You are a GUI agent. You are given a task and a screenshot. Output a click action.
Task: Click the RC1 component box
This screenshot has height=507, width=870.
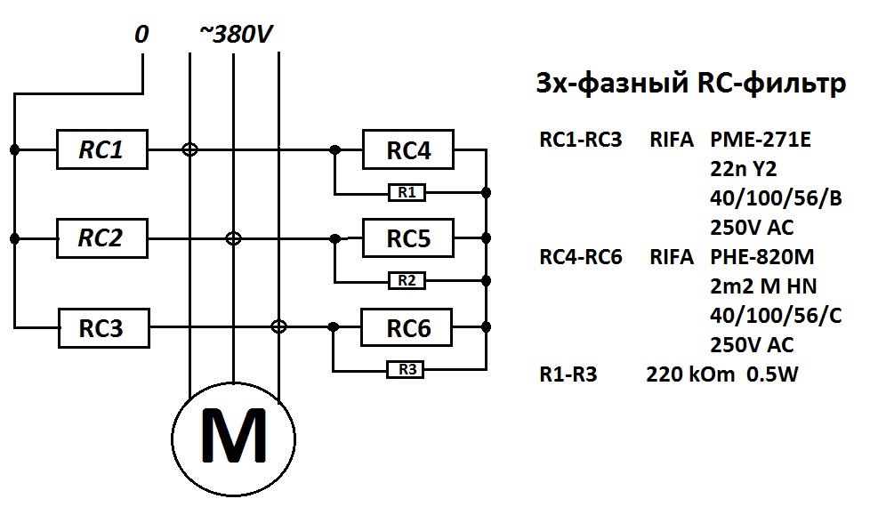pos(102,150)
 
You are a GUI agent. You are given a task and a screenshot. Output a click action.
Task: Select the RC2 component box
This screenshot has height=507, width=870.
pos(102,238)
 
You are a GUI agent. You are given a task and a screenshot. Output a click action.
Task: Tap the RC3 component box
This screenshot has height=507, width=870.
pos(102,328)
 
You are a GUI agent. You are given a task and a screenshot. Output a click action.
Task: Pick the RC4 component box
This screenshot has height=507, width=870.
pos(408,150)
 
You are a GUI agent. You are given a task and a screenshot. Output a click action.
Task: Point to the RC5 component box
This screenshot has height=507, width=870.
pos(408,238)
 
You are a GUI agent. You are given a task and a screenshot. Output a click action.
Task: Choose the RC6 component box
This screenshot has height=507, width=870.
pos(408,328)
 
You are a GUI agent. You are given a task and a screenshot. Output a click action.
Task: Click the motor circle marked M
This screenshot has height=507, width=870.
pos(233,434)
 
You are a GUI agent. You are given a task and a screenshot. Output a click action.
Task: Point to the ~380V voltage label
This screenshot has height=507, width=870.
pos(235,35)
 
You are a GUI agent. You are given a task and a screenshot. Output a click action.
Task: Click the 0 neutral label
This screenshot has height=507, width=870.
pos(141,35)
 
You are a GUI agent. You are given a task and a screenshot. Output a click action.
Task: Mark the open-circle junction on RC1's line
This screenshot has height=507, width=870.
pos(189,150)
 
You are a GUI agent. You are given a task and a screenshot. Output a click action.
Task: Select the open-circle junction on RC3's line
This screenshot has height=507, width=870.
pos(278,327)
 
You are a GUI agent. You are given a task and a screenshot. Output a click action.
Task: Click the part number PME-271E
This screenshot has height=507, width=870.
pos(761,140)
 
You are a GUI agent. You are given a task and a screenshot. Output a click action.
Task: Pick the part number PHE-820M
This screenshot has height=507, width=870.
pos(762,257)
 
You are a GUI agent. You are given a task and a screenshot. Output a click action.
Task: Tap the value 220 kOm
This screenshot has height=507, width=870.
pos(690,374)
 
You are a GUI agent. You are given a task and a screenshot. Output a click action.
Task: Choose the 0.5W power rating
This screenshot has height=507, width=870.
pos(773,374)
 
